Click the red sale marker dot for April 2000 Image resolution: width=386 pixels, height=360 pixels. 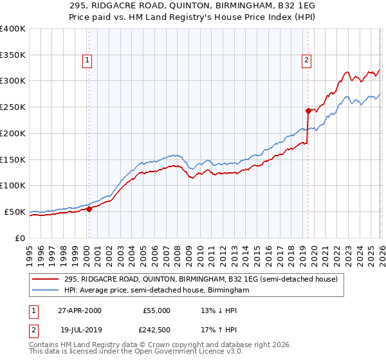pos(89,208)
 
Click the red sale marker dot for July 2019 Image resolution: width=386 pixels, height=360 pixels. pos(308,110)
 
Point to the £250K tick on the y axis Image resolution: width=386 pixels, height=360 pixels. pos(13,107)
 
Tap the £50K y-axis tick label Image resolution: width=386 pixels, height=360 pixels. pos(15,212)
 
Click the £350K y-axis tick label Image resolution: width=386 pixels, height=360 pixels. pos(13,55)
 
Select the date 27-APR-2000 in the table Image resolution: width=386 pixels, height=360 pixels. pos(79,310)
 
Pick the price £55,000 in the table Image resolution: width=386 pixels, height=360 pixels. pos(156,310)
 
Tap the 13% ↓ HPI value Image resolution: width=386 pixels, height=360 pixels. pos(218,310)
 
